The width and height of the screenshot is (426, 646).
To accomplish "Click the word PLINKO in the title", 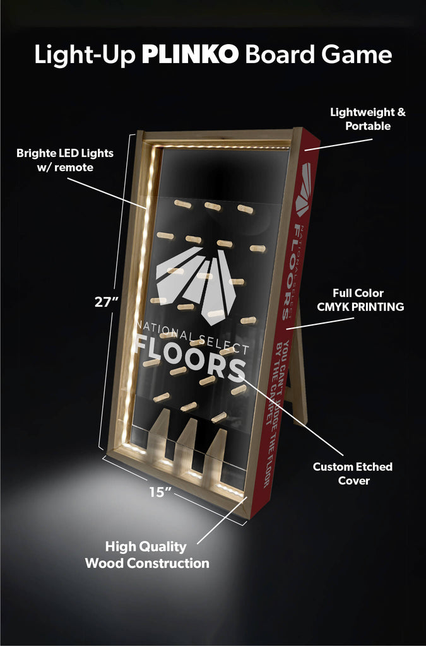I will click(x=190, y=55).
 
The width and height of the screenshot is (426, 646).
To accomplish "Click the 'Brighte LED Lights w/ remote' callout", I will click(x=56, y=160).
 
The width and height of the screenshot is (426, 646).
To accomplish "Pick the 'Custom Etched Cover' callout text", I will click(x=353, y=474).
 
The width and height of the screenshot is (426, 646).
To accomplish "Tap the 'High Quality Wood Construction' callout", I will click(x=146, y=555).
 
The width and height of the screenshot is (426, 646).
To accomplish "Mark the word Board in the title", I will click(x=273, y=55).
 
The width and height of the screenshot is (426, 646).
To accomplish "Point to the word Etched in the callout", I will click(x=372, y=467).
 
